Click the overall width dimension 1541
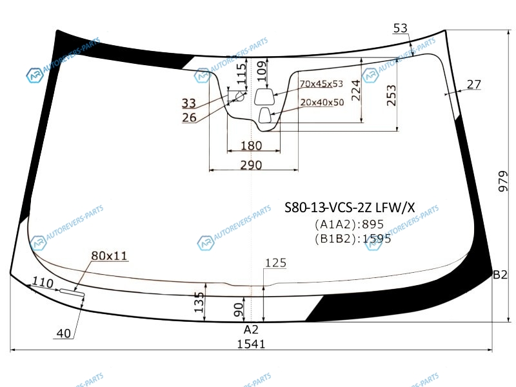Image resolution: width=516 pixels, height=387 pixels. tap(251, 344)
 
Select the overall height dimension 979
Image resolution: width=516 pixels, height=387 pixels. tap(503, 181)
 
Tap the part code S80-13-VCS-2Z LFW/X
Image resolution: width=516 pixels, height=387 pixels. tap(350, 207)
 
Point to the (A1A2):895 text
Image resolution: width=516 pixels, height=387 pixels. tap(349, 224)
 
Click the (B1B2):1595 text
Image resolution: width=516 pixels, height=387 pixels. tap(353, 238)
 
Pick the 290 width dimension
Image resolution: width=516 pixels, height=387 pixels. tap(251, 164)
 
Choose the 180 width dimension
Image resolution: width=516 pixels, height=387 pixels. tap(251, 146)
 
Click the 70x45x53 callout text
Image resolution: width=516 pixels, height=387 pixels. tap(321, 84)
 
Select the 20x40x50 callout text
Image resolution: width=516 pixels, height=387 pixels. tap(322, 103)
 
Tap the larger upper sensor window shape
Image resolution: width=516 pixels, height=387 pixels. tap(264, 97)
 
